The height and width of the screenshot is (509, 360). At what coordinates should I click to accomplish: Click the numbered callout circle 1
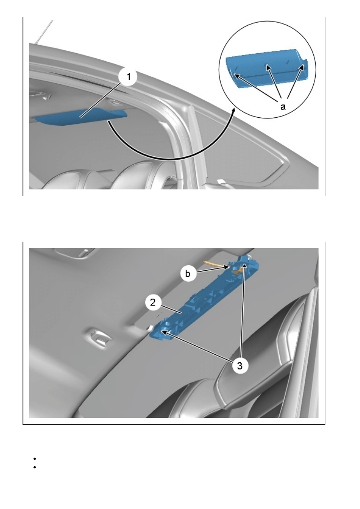coord(128,77)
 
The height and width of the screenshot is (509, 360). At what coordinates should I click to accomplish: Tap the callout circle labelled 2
coord(153,302)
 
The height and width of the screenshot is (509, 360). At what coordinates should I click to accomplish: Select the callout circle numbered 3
coord(240,366)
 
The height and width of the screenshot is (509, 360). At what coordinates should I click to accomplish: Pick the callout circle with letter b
coord(188,274)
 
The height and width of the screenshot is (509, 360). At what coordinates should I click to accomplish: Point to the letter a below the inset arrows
coord(283,106)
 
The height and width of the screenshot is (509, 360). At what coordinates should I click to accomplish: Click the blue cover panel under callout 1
coord(81,116)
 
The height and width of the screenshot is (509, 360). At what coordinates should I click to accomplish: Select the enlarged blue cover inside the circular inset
coord(267,68)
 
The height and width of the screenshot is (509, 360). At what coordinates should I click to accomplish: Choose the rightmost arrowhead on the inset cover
coord(302,67)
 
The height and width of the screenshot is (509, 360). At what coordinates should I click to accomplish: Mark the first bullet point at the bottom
coord(35,459)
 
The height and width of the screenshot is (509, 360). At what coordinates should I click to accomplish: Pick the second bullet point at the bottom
coord(35,467)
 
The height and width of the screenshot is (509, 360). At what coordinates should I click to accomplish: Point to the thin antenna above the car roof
coord(44,32)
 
